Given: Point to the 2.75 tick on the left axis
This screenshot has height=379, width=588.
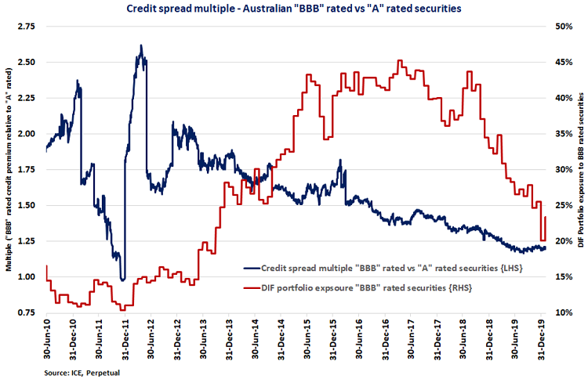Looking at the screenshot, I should click(x=27, y=27).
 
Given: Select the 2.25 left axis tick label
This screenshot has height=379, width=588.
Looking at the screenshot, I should click(x=27, y=98).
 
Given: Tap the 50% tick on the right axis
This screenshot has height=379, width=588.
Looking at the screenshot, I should click(x=562, y=27).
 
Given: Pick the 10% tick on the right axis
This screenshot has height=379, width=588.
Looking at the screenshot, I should click(x=562, y=313).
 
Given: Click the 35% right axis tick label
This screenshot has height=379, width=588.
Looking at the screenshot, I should click(x=562, y=134).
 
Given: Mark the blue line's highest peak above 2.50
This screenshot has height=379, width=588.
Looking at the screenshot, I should click(x=140, y=45).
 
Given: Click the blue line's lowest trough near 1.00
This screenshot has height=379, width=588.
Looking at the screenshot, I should click(x=122, y=279).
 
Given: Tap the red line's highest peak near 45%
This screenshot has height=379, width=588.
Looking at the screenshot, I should click(x=401, y=61).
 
